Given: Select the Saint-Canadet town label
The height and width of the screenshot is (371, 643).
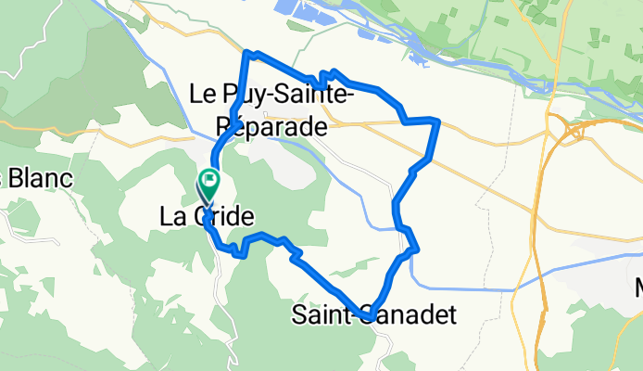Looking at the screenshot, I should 373,315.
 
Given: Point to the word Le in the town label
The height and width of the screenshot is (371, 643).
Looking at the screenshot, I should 202,93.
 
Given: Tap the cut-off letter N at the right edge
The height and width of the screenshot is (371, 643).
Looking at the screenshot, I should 637,288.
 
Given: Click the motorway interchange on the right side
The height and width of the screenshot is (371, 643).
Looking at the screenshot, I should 567,129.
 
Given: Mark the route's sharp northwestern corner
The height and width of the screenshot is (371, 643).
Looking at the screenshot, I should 246,53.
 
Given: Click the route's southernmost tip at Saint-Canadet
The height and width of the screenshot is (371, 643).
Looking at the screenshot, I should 369,318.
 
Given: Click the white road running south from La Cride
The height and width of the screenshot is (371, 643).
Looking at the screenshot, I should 221,278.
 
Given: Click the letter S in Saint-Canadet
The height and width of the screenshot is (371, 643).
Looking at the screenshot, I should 299,315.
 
